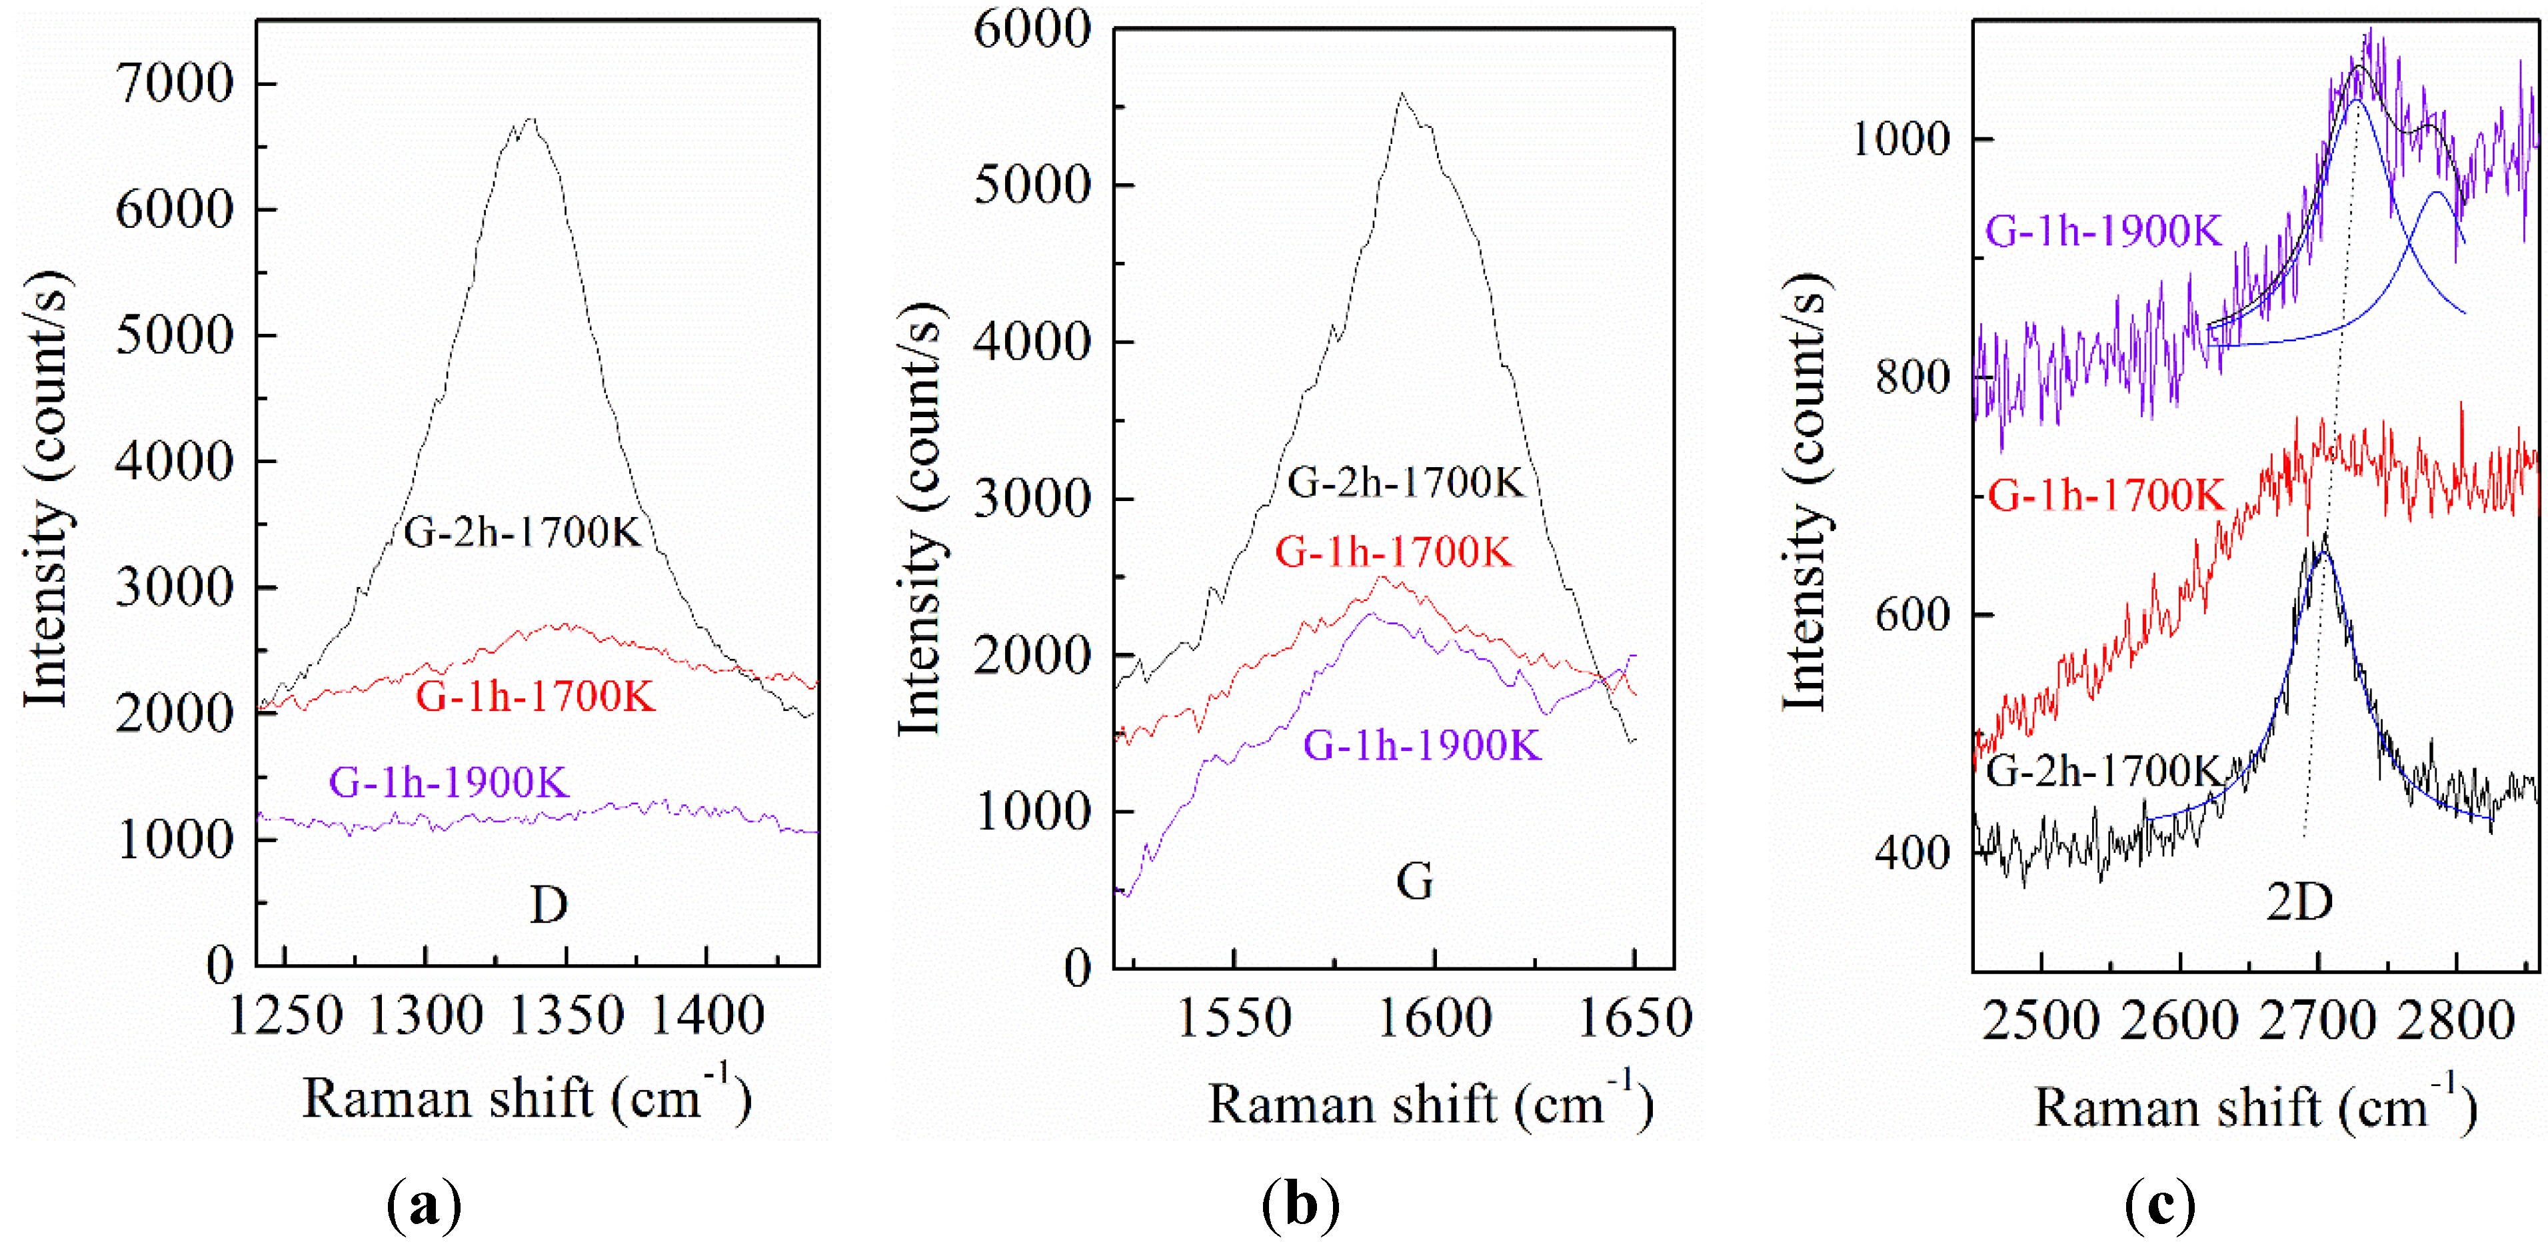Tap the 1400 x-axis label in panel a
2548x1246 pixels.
click(706, 1015)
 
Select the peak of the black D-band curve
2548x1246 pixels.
click(531, 120)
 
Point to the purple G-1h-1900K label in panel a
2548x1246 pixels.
click(449, 783)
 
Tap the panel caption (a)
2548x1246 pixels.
click(425, 1205)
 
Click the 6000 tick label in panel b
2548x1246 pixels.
click(1032, 30)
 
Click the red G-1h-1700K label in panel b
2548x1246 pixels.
click(1394, 553)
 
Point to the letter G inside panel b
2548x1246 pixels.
click(1414, 881)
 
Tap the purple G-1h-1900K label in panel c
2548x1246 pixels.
click(2104, 231)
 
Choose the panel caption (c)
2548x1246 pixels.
click(2159, 1205)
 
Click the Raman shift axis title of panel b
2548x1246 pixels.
click(1430, 1105)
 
